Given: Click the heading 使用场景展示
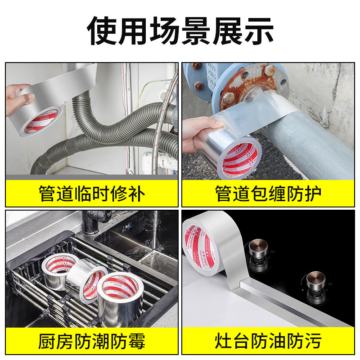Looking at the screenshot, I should [180, 31].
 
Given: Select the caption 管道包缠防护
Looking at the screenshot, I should [268, 194].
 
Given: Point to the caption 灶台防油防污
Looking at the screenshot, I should [268, 341].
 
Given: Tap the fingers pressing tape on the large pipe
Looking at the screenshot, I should [198, 130].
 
